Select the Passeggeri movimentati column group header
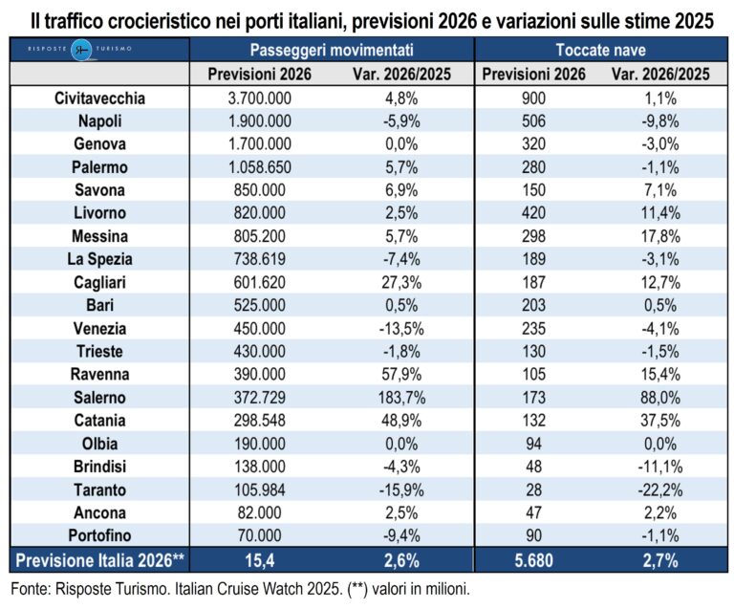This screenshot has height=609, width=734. click(x=332, y=50)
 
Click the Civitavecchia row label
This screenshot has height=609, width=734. click(x=100, y=98)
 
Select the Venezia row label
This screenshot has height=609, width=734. click(x=100, y=328)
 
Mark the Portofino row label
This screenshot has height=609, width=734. click(x=100, y=534)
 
